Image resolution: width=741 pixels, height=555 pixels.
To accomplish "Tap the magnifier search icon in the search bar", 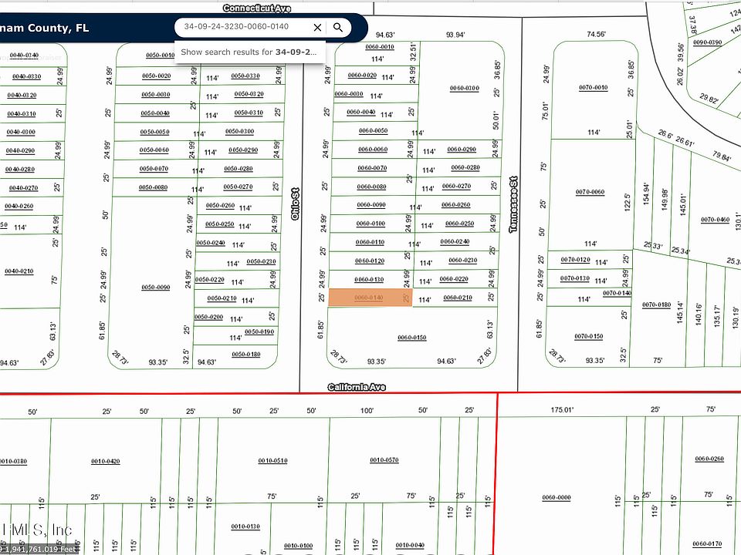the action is [338, 28].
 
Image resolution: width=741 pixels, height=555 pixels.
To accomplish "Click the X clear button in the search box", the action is [317, 28].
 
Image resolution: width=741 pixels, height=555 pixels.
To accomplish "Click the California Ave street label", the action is [357, 387].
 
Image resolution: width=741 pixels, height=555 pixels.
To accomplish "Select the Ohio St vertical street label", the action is [295, 203].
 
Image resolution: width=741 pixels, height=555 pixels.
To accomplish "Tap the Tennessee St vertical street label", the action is [513, 203].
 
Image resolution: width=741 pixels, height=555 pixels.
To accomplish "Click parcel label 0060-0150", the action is [411, 338].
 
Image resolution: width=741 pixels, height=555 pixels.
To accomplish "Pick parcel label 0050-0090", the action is [155, 288].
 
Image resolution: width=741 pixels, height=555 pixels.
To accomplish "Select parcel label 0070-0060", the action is [592, 192].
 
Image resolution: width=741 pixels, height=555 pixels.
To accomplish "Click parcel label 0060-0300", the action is [464, 89].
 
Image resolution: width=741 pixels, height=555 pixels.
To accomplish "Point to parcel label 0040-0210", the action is [19, 271].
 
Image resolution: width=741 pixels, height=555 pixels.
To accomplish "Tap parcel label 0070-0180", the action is [656, 305].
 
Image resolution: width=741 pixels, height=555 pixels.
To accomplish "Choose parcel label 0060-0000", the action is [556, 498].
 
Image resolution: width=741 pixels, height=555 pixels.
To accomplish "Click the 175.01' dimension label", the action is [562, 411].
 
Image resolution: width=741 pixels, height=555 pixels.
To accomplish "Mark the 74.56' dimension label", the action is [596, 34].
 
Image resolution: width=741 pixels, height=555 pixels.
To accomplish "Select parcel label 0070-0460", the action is [715, 220].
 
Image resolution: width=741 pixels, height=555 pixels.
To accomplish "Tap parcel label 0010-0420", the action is [105, 461].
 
